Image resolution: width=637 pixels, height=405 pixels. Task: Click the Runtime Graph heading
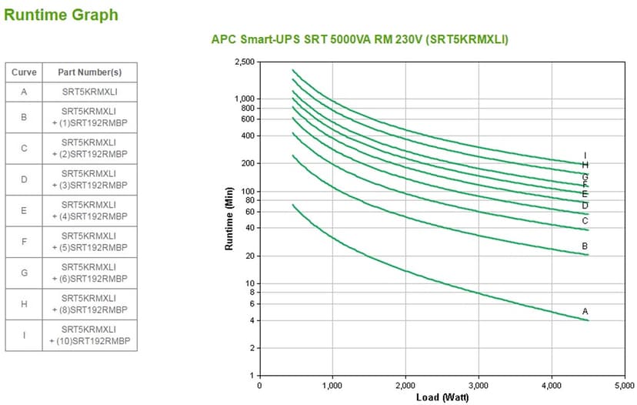click(62, 15)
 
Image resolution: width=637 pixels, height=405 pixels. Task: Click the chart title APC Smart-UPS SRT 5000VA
click(359, 39)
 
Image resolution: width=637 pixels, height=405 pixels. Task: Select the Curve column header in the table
click(24, 72)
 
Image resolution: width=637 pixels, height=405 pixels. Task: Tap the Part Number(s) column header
click(89, 72)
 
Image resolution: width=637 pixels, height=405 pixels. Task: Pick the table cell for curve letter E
click(24, 210)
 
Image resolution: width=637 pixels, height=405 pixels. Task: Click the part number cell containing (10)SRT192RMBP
click(89, 335)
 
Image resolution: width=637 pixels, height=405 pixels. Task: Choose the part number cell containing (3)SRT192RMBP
click(89, 179)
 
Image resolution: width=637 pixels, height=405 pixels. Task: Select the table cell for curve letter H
click(24, 304)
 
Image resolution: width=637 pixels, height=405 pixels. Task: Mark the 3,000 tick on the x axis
click(479, 385)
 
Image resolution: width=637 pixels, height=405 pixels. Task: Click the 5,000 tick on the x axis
click(624, 385)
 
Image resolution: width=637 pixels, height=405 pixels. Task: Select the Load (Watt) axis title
click(442, 397)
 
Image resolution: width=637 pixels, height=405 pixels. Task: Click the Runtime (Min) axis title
click(228, 219)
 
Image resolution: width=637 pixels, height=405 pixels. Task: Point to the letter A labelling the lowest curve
click(585, 311)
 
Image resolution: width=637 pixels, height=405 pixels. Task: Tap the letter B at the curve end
click(585, 246)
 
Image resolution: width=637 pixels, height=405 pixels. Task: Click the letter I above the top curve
click(585, 156)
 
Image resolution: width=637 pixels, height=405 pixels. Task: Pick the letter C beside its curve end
click(585, 221)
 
